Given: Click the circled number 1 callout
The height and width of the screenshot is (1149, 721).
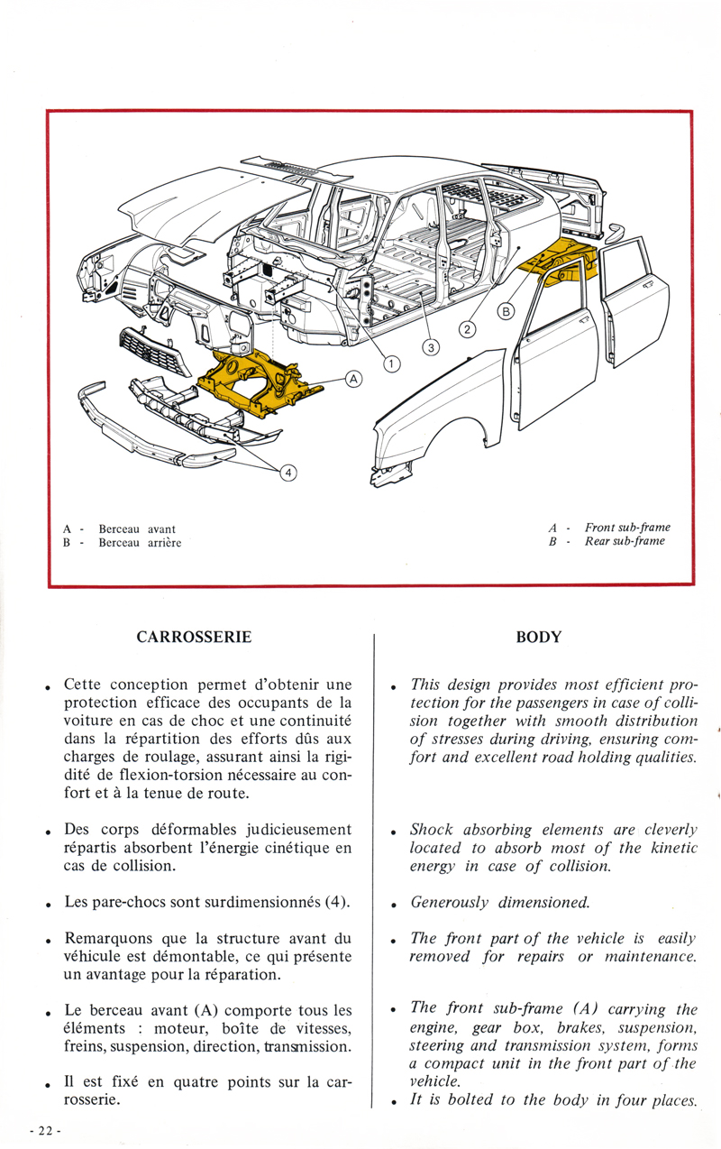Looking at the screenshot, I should [x=391, y=364].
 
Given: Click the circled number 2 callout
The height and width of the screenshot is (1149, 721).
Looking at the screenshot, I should [x=467, y=329].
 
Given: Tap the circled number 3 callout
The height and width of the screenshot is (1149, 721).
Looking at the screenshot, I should [x=431, y=347].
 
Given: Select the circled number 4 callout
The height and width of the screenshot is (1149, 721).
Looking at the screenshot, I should [x=288, y=472].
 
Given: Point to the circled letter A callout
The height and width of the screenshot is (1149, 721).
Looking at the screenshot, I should [x=353, y=380].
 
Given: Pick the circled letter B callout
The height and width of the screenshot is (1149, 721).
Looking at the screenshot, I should [x=506, y=312].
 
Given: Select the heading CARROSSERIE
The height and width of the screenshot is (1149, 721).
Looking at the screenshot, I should [x=194, y=637].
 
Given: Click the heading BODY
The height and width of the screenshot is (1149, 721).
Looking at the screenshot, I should [x=538, y=637].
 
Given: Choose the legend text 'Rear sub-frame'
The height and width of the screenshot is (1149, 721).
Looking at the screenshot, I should [x=625, y=541].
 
